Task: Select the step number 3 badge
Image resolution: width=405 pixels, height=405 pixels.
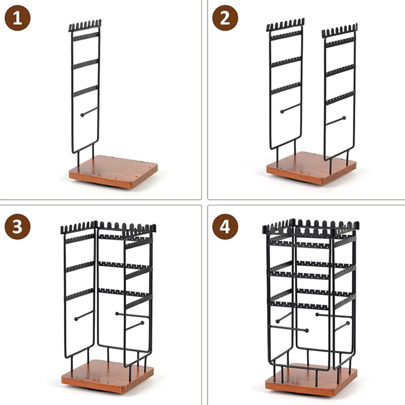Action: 18,227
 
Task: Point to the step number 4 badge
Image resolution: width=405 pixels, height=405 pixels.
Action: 225,227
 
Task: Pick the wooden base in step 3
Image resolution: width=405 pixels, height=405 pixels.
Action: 107,376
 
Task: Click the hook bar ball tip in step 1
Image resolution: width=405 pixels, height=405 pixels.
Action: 82,115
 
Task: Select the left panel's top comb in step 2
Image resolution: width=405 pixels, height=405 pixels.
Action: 285,25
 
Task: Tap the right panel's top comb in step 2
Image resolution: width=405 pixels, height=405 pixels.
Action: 339,31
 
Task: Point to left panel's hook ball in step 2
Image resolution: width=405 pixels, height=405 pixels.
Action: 281,112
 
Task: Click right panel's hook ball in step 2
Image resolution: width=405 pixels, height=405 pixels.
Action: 344,118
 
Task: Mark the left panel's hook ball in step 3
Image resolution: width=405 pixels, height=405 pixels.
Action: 76,319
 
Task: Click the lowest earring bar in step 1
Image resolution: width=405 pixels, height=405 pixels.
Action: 85,91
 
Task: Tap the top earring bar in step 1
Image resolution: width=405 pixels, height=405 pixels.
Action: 86,36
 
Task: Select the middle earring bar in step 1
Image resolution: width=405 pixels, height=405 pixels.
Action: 86,64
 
